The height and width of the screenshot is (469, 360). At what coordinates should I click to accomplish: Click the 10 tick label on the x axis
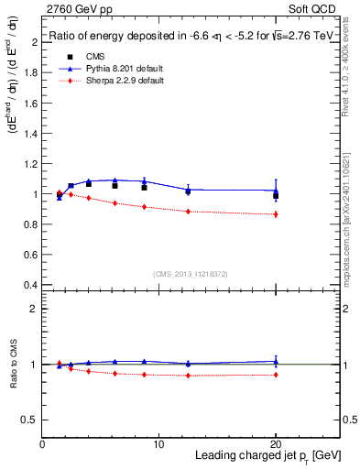click(x=158, y=444)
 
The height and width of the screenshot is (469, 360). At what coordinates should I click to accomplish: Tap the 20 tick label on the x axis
click(x=275, y=444)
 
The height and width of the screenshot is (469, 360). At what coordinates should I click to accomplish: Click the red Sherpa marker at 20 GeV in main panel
click(x=276, y=214)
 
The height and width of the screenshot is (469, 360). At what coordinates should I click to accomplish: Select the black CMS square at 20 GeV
click(x=276, y=195)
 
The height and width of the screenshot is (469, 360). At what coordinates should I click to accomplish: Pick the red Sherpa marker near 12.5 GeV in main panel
click(x=188, y=212)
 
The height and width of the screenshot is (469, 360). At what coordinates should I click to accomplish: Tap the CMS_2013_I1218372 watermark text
click(x=191, y=273)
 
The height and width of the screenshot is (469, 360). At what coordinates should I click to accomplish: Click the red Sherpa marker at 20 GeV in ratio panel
click(x=276, y=375)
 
